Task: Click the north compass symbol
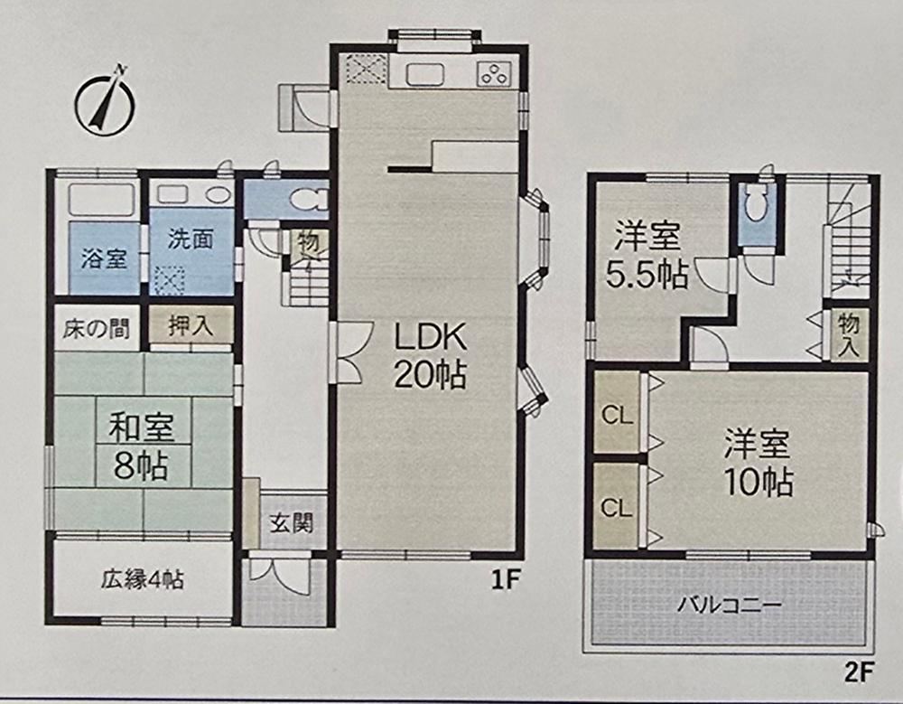105,103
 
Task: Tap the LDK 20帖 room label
430,355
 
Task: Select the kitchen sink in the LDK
425,74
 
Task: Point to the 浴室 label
104,258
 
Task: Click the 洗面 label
191,239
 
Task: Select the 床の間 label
97,329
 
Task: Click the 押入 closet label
191,326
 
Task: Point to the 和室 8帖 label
142,446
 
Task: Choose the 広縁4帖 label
143,579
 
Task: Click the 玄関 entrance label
292,523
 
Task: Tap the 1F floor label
506,580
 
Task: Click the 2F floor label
860,672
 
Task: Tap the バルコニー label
729,605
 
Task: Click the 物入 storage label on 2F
849,335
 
